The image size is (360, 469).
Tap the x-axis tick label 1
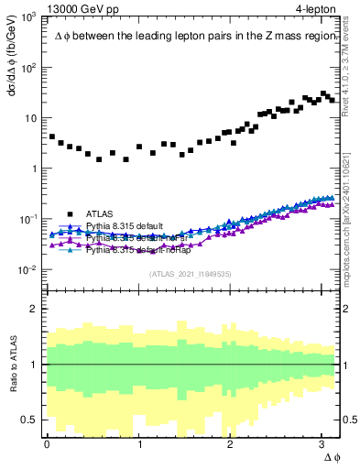click(139, 443)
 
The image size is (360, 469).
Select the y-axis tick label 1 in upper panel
click(36, 169)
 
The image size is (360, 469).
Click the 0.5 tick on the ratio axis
click(30, 420)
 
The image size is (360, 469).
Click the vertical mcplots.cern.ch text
click(350, 202)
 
